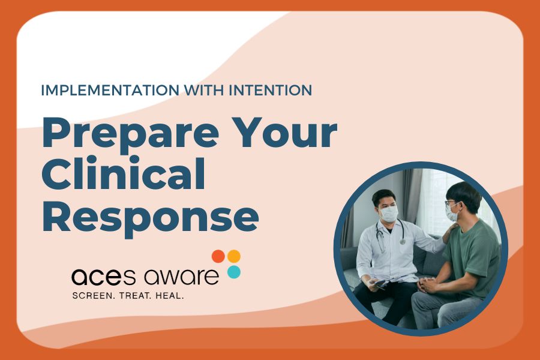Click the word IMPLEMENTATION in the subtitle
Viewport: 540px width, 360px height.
(103, 91)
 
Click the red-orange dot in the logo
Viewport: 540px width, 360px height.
(218, 256)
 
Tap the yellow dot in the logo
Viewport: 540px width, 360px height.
(234, 256)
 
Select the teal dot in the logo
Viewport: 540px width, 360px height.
(234, 272)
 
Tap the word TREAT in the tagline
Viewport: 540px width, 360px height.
(138, 296)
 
